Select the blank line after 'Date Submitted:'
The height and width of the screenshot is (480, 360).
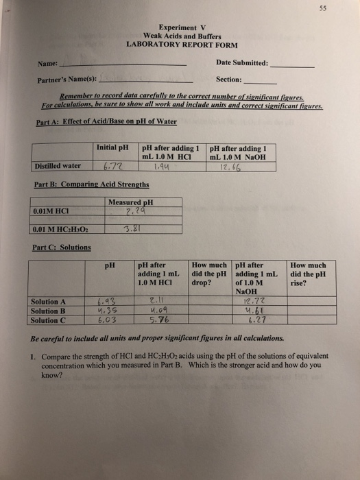(x=293, y=66)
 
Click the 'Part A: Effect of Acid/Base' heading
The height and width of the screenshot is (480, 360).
(x=106, y=122)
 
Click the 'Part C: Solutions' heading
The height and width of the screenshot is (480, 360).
(x=61, y=247)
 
